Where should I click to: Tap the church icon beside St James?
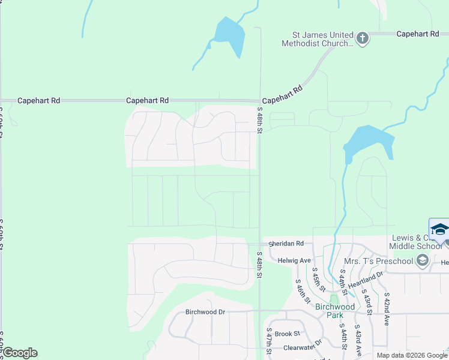tap(362, 39)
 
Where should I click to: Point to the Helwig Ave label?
tap(294, 260)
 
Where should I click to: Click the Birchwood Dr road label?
tap(205, 312)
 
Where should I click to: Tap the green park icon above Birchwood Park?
tap(334, 299)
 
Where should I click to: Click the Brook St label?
tap(288, 334)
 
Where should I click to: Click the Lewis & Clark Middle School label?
tap(417, 242)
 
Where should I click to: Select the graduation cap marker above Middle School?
tap(439, 230)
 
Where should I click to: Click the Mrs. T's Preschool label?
tap(379, 261)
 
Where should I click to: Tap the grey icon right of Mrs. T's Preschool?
tap(422, 260)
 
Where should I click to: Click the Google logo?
tap(19, 353)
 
